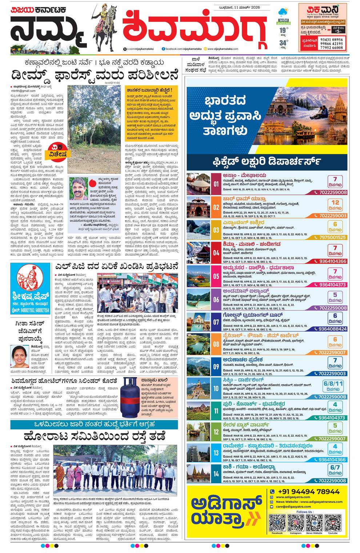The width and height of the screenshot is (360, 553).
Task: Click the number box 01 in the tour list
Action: pos(216,184)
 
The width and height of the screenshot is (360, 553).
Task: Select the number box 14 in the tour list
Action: pos(216,474)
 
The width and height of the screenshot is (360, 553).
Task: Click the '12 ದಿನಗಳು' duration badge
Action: pos(335,205)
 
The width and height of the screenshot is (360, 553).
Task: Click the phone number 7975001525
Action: pos(332,237)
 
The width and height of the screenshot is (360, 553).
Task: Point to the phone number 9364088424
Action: pos(332,329)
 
